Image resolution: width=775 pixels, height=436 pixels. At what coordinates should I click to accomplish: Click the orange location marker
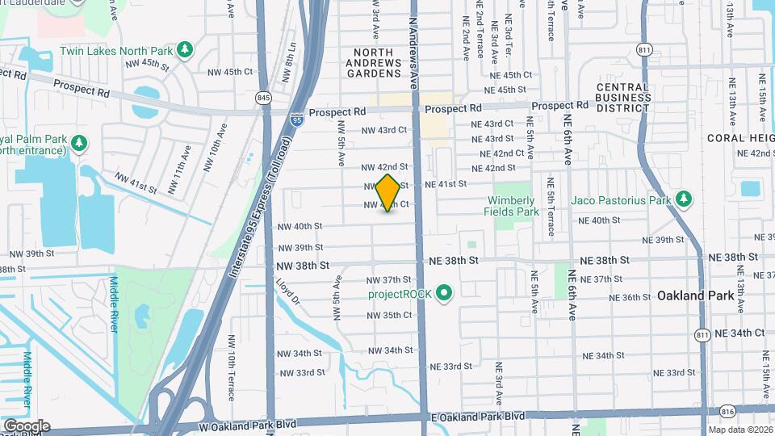coord(388,192)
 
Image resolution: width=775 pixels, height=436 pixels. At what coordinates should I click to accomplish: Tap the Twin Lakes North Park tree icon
coord(186,50)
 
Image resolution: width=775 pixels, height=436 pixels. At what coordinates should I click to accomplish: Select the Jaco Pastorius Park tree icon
coord(684,199)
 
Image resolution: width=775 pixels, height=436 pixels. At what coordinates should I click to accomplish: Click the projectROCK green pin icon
coord(443,293)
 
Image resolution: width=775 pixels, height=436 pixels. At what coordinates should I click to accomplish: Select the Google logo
coord(27,426)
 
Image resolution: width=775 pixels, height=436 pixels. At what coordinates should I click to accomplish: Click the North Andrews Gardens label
coord(374,62)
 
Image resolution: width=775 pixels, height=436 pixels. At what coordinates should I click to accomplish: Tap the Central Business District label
coord(623,92)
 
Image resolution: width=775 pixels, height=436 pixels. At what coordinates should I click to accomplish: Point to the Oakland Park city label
coord(696,296)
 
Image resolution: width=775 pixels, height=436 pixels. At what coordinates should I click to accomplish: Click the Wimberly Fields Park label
coord(511,206)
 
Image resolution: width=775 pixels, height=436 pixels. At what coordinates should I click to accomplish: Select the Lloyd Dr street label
coord(287,293)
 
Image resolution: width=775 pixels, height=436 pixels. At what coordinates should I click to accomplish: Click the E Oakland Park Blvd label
coord(477,417)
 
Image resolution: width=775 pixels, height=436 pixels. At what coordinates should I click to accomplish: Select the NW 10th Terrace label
coord(231,367)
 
